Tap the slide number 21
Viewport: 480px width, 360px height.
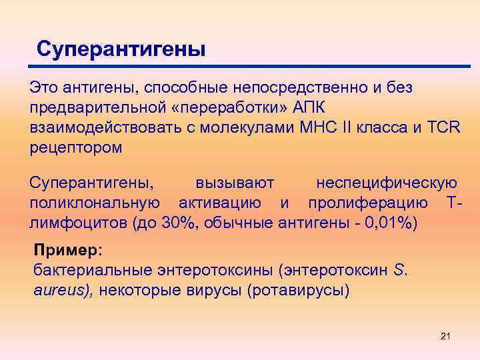pyautogui.click(x=446, y=335)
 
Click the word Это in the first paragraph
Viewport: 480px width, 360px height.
pyautogui.click(x=43, y=87)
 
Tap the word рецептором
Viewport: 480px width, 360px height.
pyautogui.click(x=76, y=147)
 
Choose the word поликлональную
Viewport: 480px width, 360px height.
pyautogui.click(x=94, y=202)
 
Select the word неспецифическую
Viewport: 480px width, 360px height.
pyautogui.click(x=387, y=182)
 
